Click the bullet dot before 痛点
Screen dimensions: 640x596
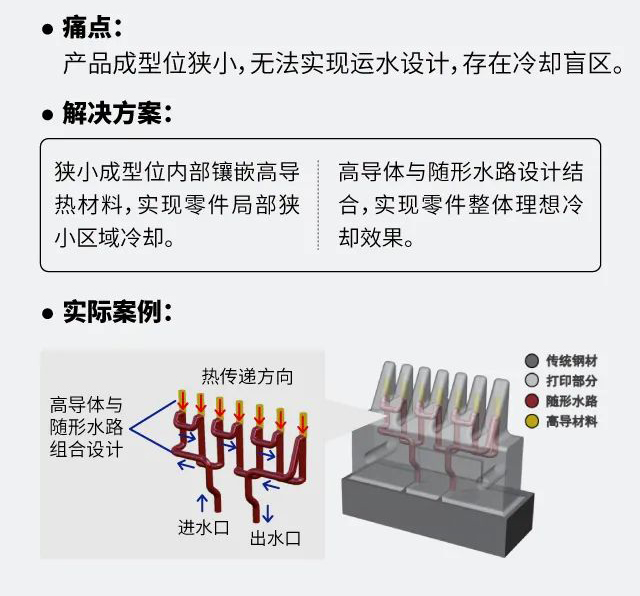pos(47,30)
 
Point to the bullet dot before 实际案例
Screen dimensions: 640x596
pos(47,314)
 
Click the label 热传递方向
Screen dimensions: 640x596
pos(247,376)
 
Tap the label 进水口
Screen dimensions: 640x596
pos(204,527)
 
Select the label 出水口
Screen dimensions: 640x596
pos(276,538)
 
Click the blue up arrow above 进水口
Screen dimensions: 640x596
pos(202,503)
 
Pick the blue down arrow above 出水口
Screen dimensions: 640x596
pos(268,513)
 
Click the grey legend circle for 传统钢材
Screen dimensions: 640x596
pos(532,361)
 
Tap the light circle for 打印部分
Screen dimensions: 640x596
pos(532,380)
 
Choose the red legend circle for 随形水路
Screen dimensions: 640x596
pos(532,401)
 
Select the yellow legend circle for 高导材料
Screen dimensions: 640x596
pos(532,421)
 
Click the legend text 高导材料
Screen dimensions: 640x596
pos(572,421)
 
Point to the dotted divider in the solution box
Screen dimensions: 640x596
pos(318,205)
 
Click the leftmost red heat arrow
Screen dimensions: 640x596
pos(182,400)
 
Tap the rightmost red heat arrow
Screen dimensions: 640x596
pos(302,423)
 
